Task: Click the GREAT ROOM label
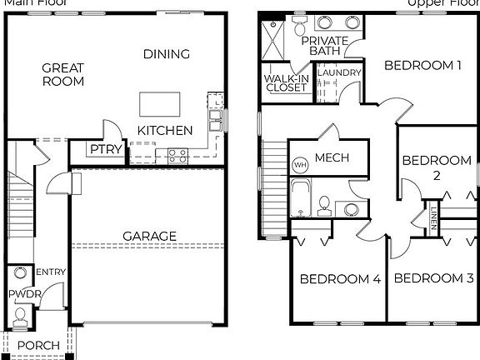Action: (x=62, y=74)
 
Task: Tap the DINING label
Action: (x=167, y=54)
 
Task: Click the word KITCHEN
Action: (x=165, y=131)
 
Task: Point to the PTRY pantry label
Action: (x=106, y=151)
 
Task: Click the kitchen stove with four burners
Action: (x=177, y=153)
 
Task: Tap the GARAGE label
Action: (x=150, y=236)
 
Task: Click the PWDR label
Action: (x=20, y=294)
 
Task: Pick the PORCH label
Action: (x=38, y=346)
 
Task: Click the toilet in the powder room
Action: (x=20, y=315)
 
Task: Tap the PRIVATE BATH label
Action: (x=325, y=46)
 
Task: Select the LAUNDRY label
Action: (x=338, y=73)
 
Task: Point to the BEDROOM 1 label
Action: (x=422, y=65)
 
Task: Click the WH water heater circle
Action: (x=300, y=165)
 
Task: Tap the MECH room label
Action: (x=332, y=157)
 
